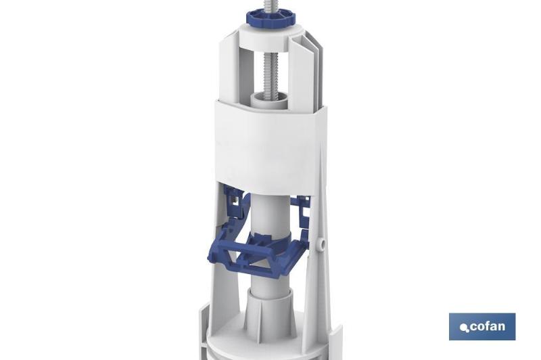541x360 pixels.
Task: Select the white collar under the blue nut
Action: [x=269, y=37]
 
